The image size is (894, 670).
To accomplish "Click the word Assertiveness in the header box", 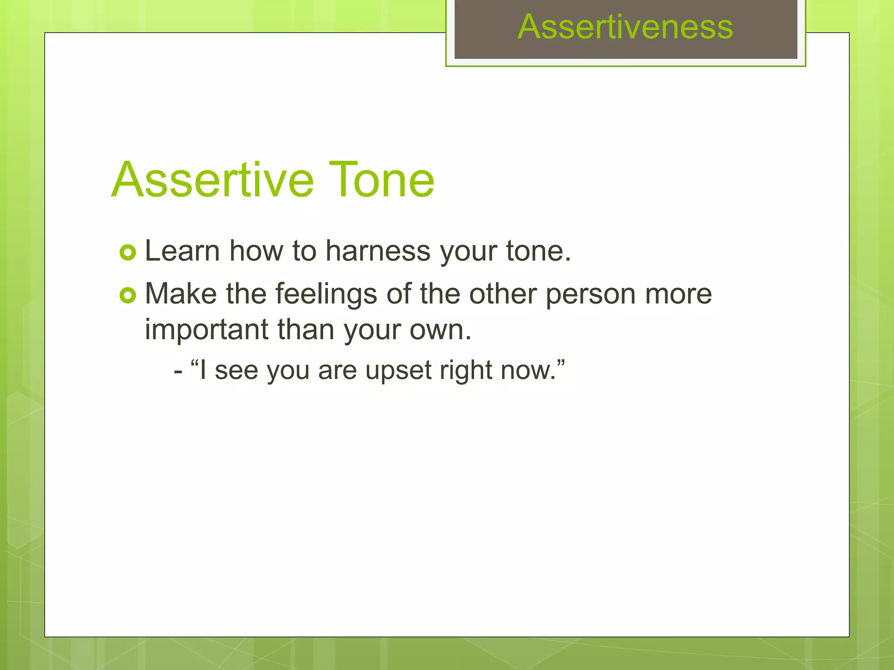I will [625, 27].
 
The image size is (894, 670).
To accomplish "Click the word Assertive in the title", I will [213, 180].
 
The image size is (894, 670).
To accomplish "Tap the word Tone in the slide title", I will [381, 180].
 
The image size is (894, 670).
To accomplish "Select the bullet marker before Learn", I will [127, 253].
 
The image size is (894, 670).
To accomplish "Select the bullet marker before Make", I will [127, 296].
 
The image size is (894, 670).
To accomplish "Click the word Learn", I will [182, 251].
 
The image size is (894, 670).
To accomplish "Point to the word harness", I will [378, 252].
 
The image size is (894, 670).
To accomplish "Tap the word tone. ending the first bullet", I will [538, 251].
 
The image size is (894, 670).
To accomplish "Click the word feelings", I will [326, 294].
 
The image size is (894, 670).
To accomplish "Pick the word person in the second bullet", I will [591, 294].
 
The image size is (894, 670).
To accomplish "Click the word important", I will [206, 330].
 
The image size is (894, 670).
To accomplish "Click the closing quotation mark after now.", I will [561, 363].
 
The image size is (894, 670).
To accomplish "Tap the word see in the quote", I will [236, 371].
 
